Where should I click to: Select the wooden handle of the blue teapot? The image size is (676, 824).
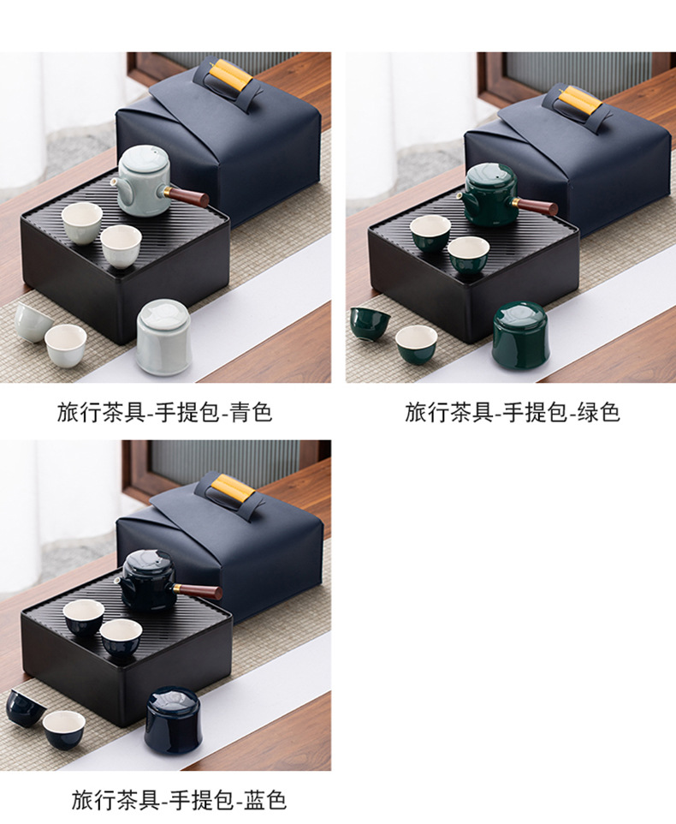coord(199,591)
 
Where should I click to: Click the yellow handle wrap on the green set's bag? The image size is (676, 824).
coord(582,100)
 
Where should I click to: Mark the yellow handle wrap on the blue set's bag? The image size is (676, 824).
coord(233,489)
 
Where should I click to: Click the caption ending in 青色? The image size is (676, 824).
coord(165,412)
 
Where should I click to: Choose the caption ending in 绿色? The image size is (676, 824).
coord(513,412)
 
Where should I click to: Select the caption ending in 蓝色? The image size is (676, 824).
coord(179,799)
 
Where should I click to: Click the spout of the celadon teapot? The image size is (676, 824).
coord(115,182)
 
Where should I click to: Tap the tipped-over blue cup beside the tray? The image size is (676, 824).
coord(25,707)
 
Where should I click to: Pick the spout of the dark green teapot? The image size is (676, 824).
coord(462,196)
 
